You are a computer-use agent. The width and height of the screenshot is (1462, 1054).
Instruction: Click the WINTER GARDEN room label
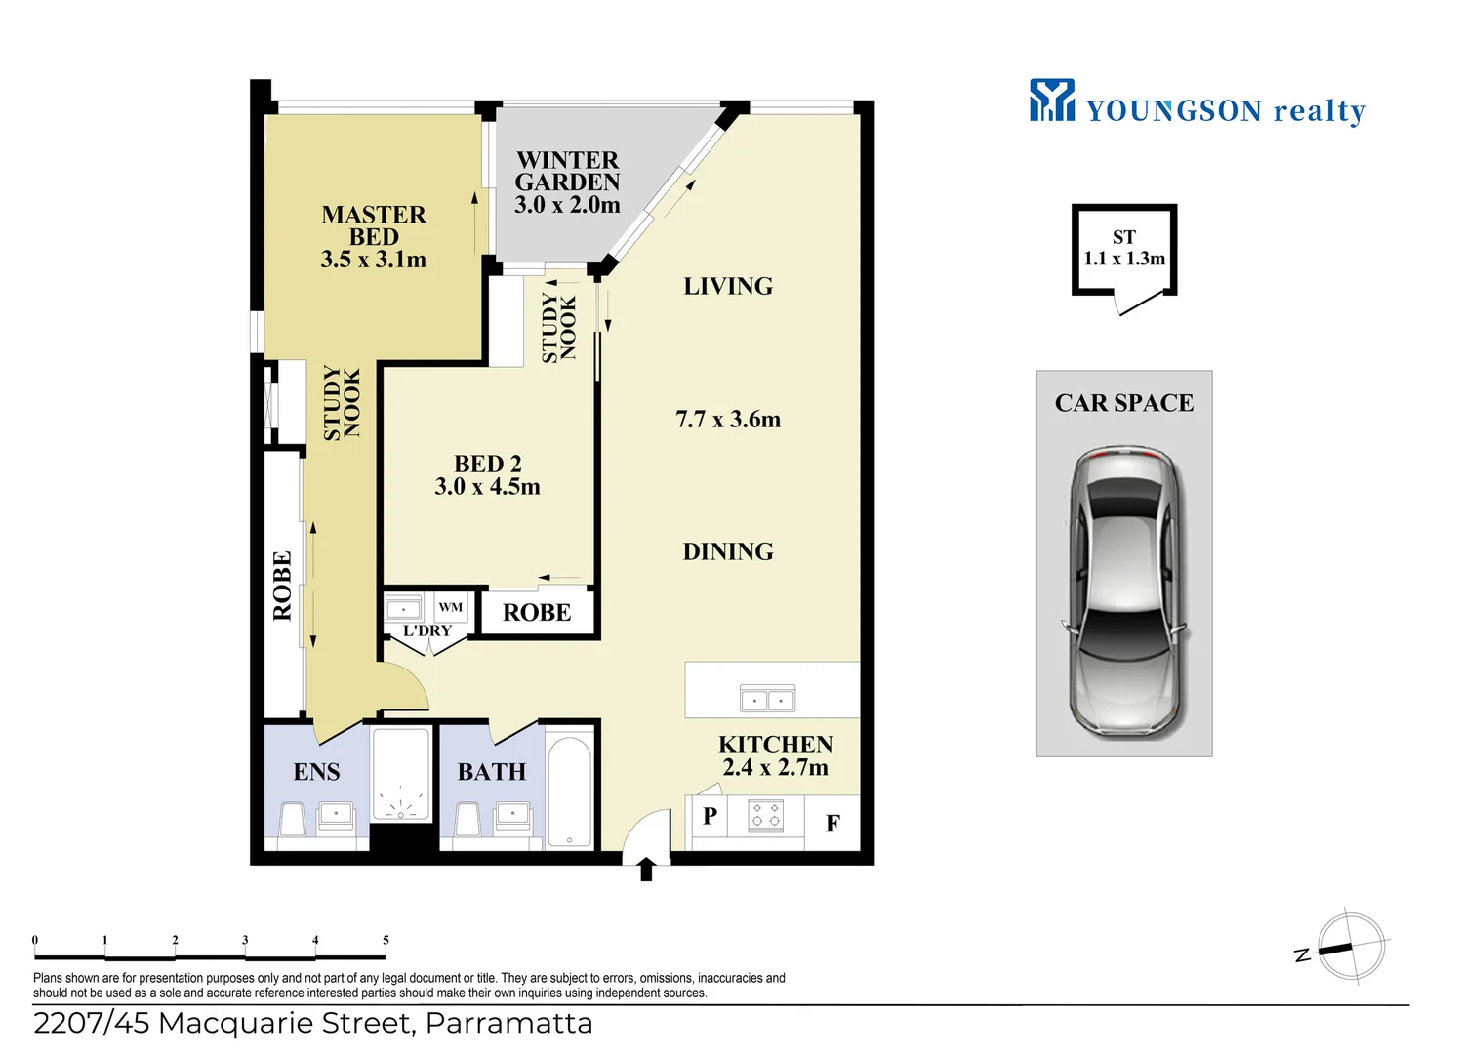point(567,171)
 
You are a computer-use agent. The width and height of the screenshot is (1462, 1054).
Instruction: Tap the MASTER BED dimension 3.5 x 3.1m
point(374,259)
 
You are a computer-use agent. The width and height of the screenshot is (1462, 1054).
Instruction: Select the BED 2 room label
point(488,464)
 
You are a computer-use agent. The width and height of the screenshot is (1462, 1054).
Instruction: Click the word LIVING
point(728,286)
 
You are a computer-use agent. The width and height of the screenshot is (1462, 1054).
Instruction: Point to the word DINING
point(728,551)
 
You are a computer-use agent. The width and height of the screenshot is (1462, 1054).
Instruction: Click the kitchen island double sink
point(767,699)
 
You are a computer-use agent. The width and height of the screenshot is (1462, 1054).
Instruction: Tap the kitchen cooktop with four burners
point(765,815)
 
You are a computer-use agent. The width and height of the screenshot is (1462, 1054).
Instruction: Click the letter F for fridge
point(833,823)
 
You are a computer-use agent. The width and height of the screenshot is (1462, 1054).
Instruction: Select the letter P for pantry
point(710,815)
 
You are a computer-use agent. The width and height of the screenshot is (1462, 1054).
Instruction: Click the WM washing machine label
point(450,607)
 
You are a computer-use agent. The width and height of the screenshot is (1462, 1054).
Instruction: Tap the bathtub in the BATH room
point(569,791)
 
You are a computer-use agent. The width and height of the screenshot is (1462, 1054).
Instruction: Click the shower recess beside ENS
point(401,774)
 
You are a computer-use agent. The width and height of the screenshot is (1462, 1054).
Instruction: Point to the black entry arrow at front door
point(646,870)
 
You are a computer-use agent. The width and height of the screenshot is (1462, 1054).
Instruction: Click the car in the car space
point(1123,591)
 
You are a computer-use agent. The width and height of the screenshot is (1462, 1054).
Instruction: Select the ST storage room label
point(1124,236)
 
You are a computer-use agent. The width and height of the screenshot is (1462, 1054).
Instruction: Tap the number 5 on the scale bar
point(386,940)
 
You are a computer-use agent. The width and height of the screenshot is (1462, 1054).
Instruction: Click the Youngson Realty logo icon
point(1051,100)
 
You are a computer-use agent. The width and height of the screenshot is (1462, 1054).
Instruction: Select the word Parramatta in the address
point(508,1024)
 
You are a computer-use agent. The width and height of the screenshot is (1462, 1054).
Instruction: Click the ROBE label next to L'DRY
point(537,612)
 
